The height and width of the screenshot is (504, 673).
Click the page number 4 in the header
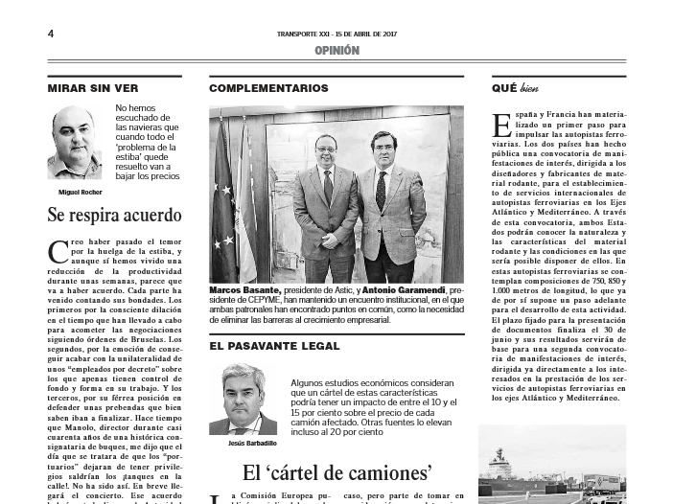pos(50,34)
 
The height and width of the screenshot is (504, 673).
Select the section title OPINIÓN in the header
pos(336,51)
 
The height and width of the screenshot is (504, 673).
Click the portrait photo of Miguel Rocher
pos(76,143)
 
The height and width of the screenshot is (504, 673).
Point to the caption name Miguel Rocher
pos(76,192)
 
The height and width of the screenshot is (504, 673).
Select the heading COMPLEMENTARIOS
pos(268,88)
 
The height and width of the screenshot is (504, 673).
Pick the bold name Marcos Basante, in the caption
pos(245,289)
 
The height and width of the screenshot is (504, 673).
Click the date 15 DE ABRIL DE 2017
pos(363,34)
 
